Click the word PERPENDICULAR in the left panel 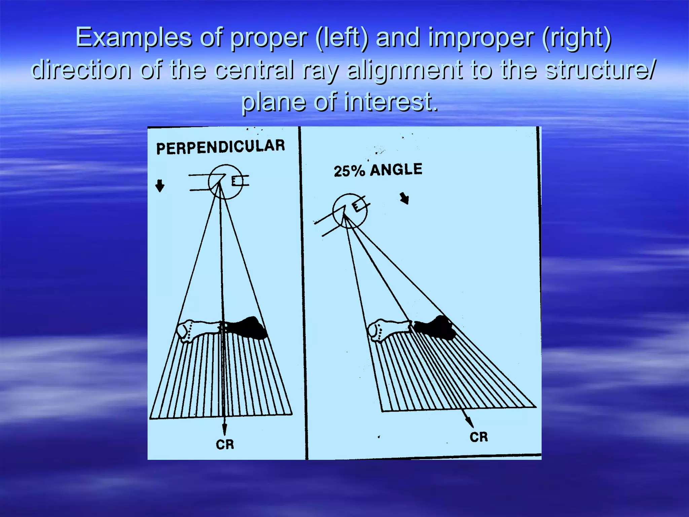[220, 147]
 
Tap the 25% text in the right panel [349, 171]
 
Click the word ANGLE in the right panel [396, 169]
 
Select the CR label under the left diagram [225, 445]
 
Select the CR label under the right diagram [478, 437]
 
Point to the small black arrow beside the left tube [160, 185]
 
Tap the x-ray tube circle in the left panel [225, 182]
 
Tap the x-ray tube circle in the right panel [350, 211]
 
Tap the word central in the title [254, 70]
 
